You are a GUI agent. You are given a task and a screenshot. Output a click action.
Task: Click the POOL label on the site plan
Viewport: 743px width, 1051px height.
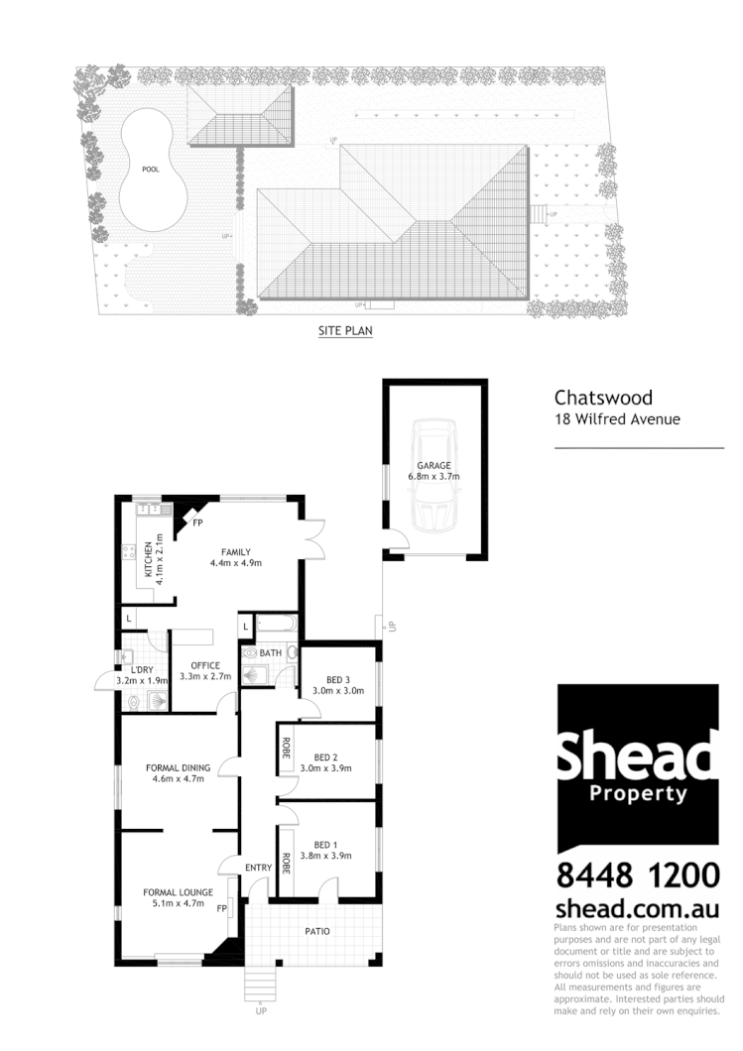(x=150, y=170)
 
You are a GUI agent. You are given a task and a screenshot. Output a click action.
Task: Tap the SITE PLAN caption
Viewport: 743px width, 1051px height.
(x=345, y=331)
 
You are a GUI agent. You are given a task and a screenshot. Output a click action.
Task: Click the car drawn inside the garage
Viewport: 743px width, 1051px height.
(x=433, y=476)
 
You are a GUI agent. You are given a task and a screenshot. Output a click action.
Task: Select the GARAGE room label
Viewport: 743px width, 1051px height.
(x=433, y=465)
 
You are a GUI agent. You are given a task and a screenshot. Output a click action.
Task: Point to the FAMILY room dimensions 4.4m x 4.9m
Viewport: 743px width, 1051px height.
(x=235, y=564)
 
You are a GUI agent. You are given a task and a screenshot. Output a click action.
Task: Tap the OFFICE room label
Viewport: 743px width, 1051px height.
(x=205, y=665)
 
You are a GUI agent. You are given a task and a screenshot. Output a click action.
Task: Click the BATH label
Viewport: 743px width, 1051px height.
(x=271, y=653)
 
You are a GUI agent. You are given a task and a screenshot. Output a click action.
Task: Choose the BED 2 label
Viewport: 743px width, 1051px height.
(x=326, y=757)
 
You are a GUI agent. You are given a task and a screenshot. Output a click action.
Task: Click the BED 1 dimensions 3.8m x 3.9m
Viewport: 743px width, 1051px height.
(x=326, y=856)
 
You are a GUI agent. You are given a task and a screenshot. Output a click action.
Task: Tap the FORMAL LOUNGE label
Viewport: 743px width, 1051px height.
(x=179, y=892)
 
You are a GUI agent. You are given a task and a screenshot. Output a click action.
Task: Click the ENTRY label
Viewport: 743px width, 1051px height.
(x=258, y=869)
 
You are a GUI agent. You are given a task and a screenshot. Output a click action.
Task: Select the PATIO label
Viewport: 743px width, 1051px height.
(x=317, y=932)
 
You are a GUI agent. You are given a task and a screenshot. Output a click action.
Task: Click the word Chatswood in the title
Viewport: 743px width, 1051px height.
(x=603, y=398)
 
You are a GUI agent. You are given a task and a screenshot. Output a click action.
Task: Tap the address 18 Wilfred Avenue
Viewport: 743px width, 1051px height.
(x=616, y=419)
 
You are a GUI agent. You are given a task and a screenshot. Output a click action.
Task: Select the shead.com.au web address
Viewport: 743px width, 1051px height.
(x=636, y=907)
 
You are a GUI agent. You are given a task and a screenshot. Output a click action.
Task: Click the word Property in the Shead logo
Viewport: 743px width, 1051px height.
(x=638, y=793)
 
